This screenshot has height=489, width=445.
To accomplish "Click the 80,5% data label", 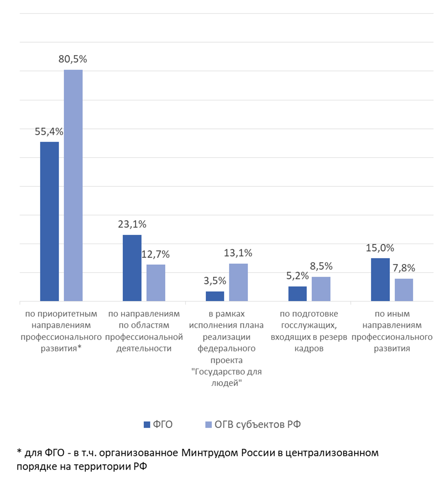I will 73,59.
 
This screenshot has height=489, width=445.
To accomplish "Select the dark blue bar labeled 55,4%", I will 49,221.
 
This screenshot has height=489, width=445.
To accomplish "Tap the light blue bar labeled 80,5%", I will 73,185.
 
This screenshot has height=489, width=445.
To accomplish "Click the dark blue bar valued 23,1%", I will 132,268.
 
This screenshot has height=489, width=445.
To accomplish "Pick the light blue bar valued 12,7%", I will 156,283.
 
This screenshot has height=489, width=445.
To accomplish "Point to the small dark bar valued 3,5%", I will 215,296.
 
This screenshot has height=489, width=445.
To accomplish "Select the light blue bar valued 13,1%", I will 238,282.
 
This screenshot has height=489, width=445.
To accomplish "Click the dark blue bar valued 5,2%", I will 297,294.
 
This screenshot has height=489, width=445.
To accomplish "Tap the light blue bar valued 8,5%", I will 321,289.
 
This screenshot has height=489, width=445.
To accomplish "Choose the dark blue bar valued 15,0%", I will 380,279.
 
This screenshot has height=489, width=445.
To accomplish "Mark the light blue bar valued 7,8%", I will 404,290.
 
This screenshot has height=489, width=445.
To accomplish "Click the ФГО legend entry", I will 158,424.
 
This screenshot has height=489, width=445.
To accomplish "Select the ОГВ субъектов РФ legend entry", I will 253,424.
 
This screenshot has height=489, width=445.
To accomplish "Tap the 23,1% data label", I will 132,224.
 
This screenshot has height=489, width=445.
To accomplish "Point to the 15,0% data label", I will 380,248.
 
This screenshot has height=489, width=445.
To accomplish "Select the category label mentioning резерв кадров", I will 309,331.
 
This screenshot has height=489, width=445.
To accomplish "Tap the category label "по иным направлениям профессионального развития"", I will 392,331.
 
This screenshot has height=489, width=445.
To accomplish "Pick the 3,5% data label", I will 215,281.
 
